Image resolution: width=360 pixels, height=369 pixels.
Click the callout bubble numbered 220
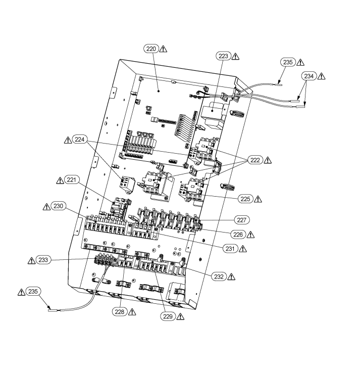pos(150,49)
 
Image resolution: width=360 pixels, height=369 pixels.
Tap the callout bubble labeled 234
pos(309,76)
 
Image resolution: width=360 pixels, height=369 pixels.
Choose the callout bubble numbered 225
pos(245,198)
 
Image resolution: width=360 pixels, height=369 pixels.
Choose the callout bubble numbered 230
pos(58,206)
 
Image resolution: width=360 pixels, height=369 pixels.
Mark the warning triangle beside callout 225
pos(259,198)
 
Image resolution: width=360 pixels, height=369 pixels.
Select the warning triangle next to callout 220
pos(163,49)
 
